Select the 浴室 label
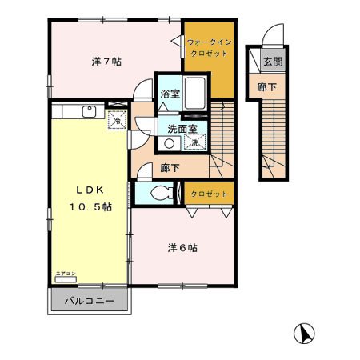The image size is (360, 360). point(168,93)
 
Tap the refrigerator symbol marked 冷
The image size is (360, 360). point(116,120)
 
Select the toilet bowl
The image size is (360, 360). point(162,192)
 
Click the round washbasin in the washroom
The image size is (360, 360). point(170,144)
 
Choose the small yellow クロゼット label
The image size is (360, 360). point(209,194)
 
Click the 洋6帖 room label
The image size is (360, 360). point(183,248)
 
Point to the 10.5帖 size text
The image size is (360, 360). point(90,206)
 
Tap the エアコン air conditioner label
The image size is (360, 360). point(65,274)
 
